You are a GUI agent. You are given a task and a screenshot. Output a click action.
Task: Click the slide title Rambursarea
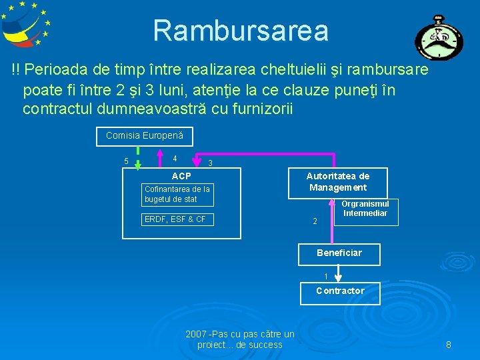[x=241, y=30]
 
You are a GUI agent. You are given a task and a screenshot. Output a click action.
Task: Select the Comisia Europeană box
[x=145, y=136]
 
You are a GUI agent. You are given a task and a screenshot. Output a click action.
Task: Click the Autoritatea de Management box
[x=337, y=181]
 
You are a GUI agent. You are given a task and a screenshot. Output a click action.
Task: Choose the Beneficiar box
[x=339, y=253]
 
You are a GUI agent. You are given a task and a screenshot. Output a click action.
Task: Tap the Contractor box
[x=340, y=291]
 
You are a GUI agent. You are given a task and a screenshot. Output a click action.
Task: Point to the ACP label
[x=181, y=176]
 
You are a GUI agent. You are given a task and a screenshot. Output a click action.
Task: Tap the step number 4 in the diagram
[x=174, y=159]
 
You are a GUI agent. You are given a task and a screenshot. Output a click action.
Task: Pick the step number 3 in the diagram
[x=209, y=163]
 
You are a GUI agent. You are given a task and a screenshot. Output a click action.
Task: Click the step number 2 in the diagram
[x=315, y=221]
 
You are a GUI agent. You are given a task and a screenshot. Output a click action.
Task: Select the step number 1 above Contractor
[x=325, y=276]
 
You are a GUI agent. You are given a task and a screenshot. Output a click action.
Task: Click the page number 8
[x=449, y=345]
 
